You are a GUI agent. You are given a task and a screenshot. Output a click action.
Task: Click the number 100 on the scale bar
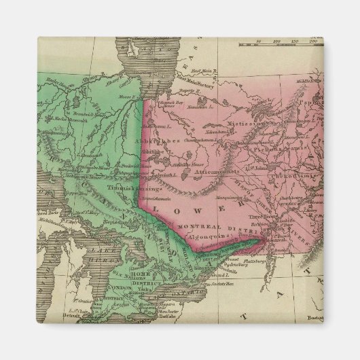click(276, 42)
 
